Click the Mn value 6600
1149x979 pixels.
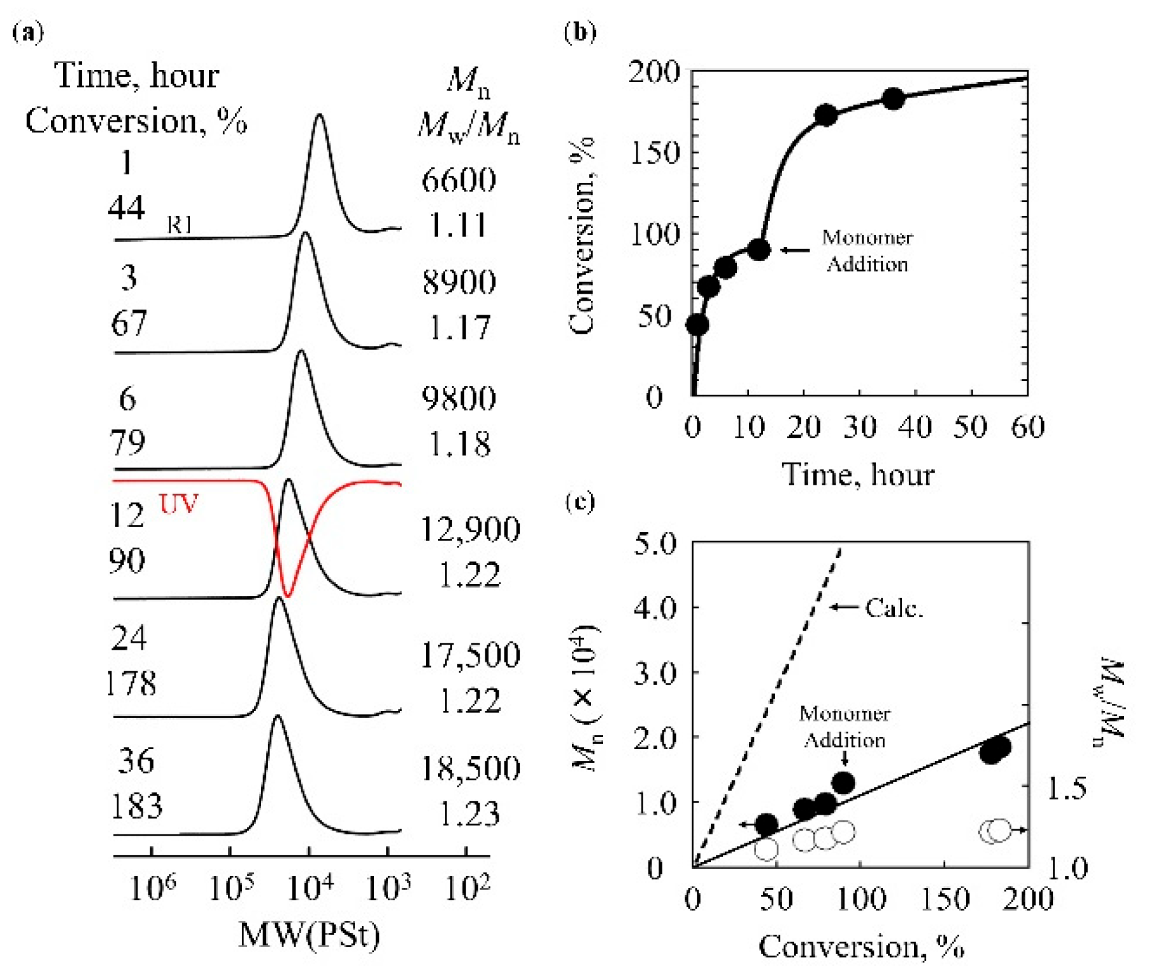tap(459, 180)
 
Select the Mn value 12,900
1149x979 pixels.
tap(470, 529)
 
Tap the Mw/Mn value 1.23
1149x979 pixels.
tap(470, 814)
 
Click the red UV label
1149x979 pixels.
tap(178, 504)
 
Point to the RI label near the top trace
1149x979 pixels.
tap(179, 224)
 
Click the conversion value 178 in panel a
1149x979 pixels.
tap(131, 683)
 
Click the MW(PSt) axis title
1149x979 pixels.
tap(309, 935)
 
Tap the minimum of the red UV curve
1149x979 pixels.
tap(288, 596)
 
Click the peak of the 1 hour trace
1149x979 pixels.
tap(319, 116)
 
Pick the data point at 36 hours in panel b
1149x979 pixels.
tap(893, 99)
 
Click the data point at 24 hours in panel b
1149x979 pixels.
tap(826, 115)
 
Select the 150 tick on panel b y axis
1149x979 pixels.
tap(654, 153)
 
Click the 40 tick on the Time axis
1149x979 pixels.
tap(915, 427)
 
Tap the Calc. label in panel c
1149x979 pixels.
tap(894, 608)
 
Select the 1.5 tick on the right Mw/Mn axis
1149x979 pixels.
tap(1067, 789)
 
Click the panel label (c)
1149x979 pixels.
tap(580, 503)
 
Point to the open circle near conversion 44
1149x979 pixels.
tap(766, 848)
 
